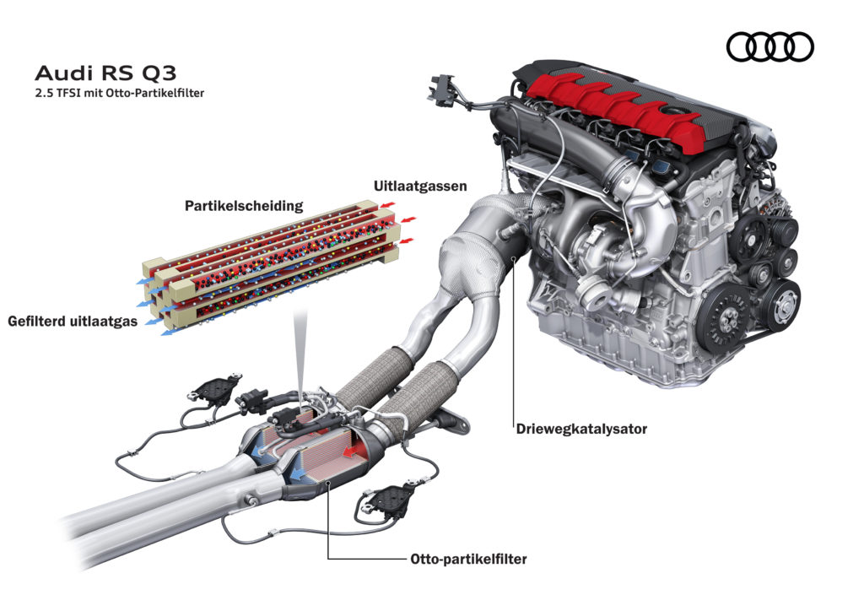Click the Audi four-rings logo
769,46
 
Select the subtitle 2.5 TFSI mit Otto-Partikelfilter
113,92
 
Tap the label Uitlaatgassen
419,186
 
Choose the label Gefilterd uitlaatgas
73,321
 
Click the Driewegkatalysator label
580,429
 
